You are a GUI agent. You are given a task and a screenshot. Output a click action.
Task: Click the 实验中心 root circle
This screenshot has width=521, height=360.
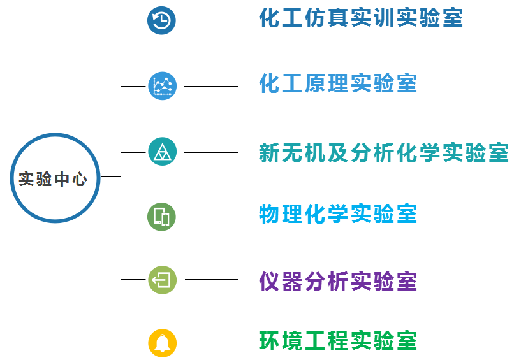[55, 178]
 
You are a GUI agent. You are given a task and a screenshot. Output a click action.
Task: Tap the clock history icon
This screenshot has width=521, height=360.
[162, 20]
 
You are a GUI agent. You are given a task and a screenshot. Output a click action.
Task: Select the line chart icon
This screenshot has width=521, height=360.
[162, 85]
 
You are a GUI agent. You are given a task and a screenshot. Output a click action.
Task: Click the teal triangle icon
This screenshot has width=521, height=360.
[162, 152]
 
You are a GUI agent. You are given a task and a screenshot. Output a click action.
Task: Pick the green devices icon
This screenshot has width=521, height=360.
[162, 217]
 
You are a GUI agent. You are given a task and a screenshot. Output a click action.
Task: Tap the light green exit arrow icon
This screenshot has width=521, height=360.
[162, 280]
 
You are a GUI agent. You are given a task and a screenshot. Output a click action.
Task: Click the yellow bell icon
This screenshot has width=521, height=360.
[162, 342]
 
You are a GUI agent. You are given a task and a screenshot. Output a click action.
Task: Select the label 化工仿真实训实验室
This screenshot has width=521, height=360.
[360, 18]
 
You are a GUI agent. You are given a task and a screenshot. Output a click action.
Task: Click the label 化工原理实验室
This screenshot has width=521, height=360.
[338, 84]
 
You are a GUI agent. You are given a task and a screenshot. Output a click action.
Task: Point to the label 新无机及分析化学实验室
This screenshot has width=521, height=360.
[383, 152]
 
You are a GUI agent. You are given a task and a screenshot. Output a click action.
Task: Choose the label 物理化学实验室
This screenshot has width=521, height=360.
[338, 214]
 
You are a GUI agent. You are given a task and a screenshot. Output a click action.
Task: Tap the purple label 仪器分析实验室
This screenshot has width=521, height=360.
[338, 281]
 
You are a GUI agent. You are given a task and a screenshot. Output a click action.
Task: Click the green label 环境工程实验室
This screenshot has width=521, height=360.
[338, 341]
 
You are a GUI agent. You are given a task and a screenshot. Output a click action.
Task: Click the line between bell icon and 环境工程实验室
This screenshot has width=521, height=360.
[211, 343]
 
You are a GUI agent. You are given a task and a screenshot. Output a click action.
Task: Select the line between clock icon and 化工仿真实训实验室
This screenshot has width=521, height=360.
[211, 20]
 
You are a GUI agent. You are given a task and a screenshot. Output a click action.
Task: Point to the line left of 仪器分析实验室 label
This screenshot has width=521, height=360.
[211, 280]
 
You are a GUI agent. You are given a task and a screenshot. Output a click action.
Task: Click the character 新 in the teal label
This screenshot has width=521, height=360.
[270, 152]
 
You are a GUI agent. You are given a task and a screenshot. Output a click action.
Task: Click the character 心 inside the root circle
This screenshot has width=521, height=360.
[80, 179]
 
